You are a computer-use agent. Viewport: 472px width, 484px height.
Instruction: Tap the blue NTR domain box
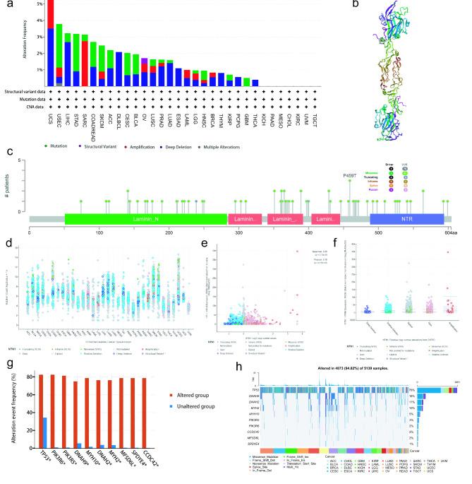(x=406, y=220)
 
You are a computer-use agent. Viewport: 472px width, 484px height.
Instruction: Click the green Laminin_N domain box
(x=145, y=220)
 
